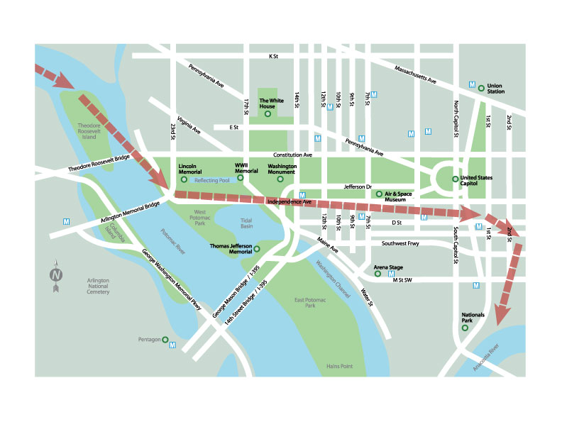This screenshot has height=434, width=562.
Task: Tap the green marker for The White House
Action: click(x=268, y=114)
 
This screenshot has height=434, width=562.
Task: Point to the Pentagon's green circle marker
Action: click(x=165, y=340)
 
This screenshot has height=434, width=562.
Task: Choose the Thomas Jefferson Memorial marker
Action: click(x=257, y=249)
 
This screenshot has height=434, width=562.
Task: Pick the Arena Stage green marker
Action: click(x=378, y=272)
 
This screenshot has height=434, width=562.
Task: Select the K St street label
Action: click(x=273, y=56)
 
